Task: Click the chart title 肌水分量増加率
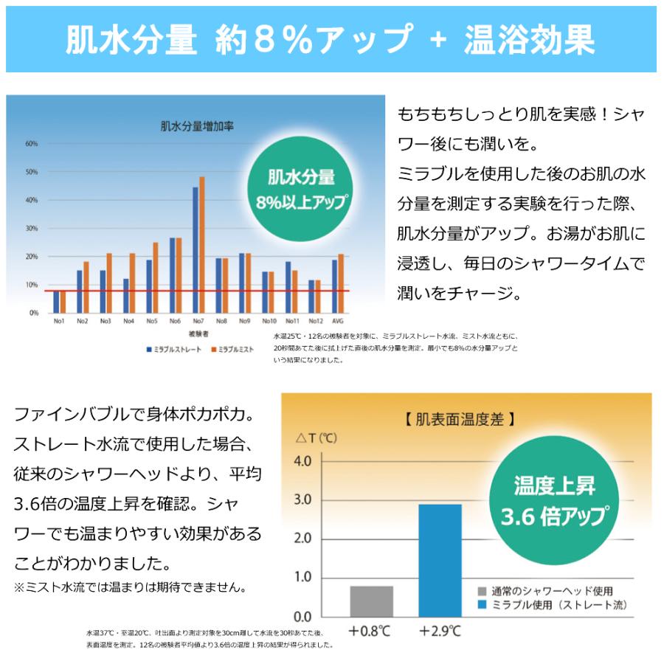tap(197, 126)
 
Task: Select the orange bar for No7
tap(201, 244)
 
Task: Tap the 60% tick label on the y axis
tap(32, 144)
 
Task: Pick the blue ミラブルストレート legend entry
tap(173, 348)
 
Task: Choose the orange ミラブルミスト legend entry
tap(232, 348)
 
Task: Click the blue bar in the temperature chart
tap(440, 560)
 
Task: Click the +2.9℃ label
tap(440, 632)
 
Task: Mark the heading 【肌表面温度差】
tap(460, 419)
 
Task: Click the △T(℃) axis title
tap(317, 438)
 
